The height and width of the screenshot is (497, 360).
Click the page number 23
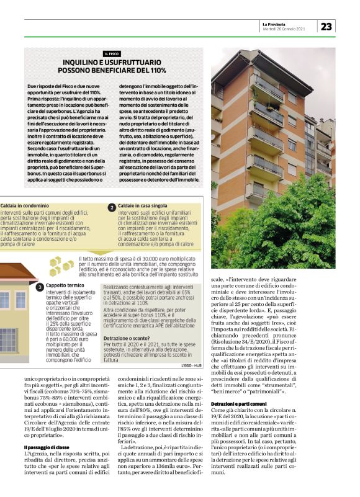[326, 25]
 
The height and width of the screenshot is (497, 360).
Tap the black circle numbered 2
[112, 207]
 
